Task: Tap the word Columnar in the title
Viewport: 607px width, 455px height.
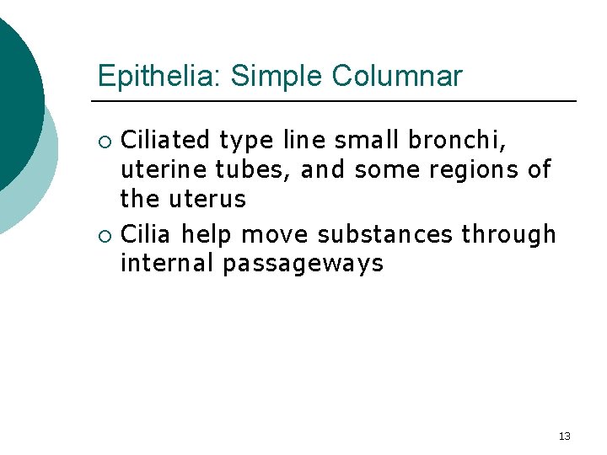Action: click(397, 76)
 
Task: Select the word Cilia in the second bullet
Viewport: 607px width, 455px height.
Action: click(148, 233)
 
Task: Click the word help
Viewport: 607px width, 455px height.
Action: click(205, 233)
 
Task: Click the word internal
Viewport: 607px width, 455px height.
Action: click(167, 263)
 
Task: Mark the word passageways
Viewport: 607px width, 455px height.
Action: click(303, 265)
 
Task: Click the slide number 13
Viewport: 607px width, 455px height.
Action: click(565, 436)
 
